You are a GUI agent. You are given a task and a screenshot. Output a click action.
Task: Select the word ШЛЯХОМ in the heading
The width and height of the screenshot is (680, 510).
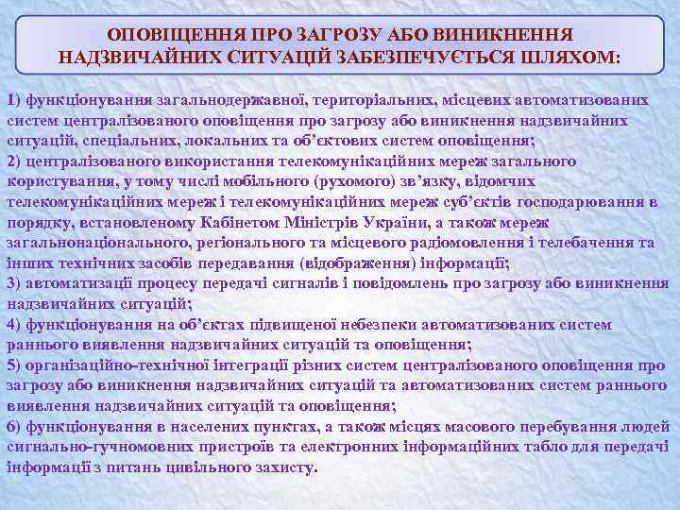tap(569, 57)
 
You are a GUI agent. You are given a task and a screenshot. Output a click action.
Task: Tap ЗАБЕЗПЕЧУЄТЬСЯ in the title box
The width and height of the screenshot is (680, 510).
tap(430, 57)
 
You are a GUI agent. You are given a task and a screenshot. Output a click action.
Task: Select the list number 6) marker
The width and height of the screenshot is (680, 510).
tap(14, 426)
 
